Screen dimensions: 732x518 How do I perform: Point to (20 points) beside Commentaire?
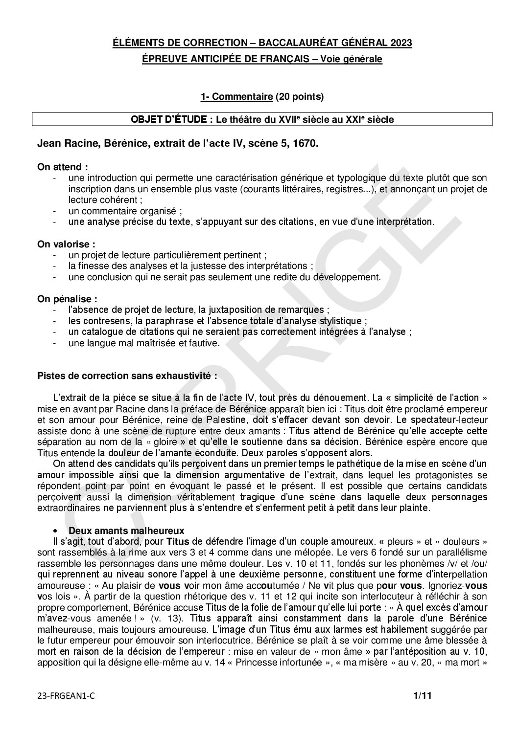tap(299, 97)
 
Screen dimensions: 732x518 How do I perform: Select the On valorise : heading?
tap(66, 244)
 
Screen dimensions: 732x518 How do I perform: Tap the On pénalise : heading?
tap(67, 298)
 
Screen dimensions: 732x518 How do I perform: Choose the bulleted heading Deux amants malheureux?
tap(126, 530)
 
